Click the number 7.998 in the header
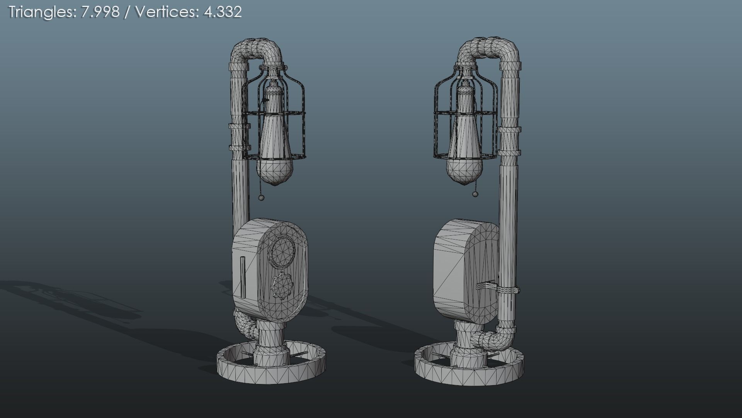point(100,12)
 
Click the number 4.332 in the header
point(222,12)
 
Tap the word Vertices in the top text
point(166,12)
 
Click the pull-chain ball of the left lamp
point(262,198)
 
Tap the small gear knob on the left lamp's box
point(283,286)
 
